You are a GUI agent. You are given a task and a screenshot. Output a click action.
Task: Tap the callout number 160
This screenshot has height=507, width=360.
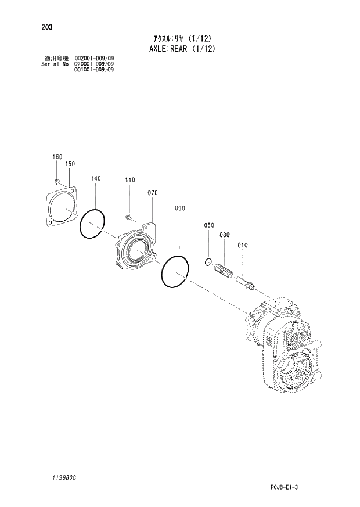[x=57, y=157]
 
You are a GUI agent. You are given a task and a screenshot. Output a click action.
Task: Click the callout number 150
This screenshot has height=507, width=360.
[x=70, y=164]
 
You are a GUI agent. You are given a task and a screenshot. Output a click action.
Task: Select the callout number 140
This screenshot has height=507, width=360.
[x=96, y=178]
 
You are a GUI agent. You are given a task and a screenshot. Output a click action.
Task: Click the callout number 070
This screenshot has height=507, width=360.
[x=153, y=192]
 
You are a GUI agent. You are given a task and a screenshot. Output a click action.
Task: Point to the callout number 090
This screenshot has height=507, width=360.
[x=179, y=207]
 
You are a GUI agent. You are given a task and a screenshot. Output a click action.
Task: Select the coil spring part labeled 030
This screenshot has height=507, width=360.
[x=224, y=271]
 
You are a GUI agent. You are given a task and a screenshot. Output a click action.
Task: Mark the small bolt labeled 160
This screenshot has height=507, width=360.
[x=57, y=181]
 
